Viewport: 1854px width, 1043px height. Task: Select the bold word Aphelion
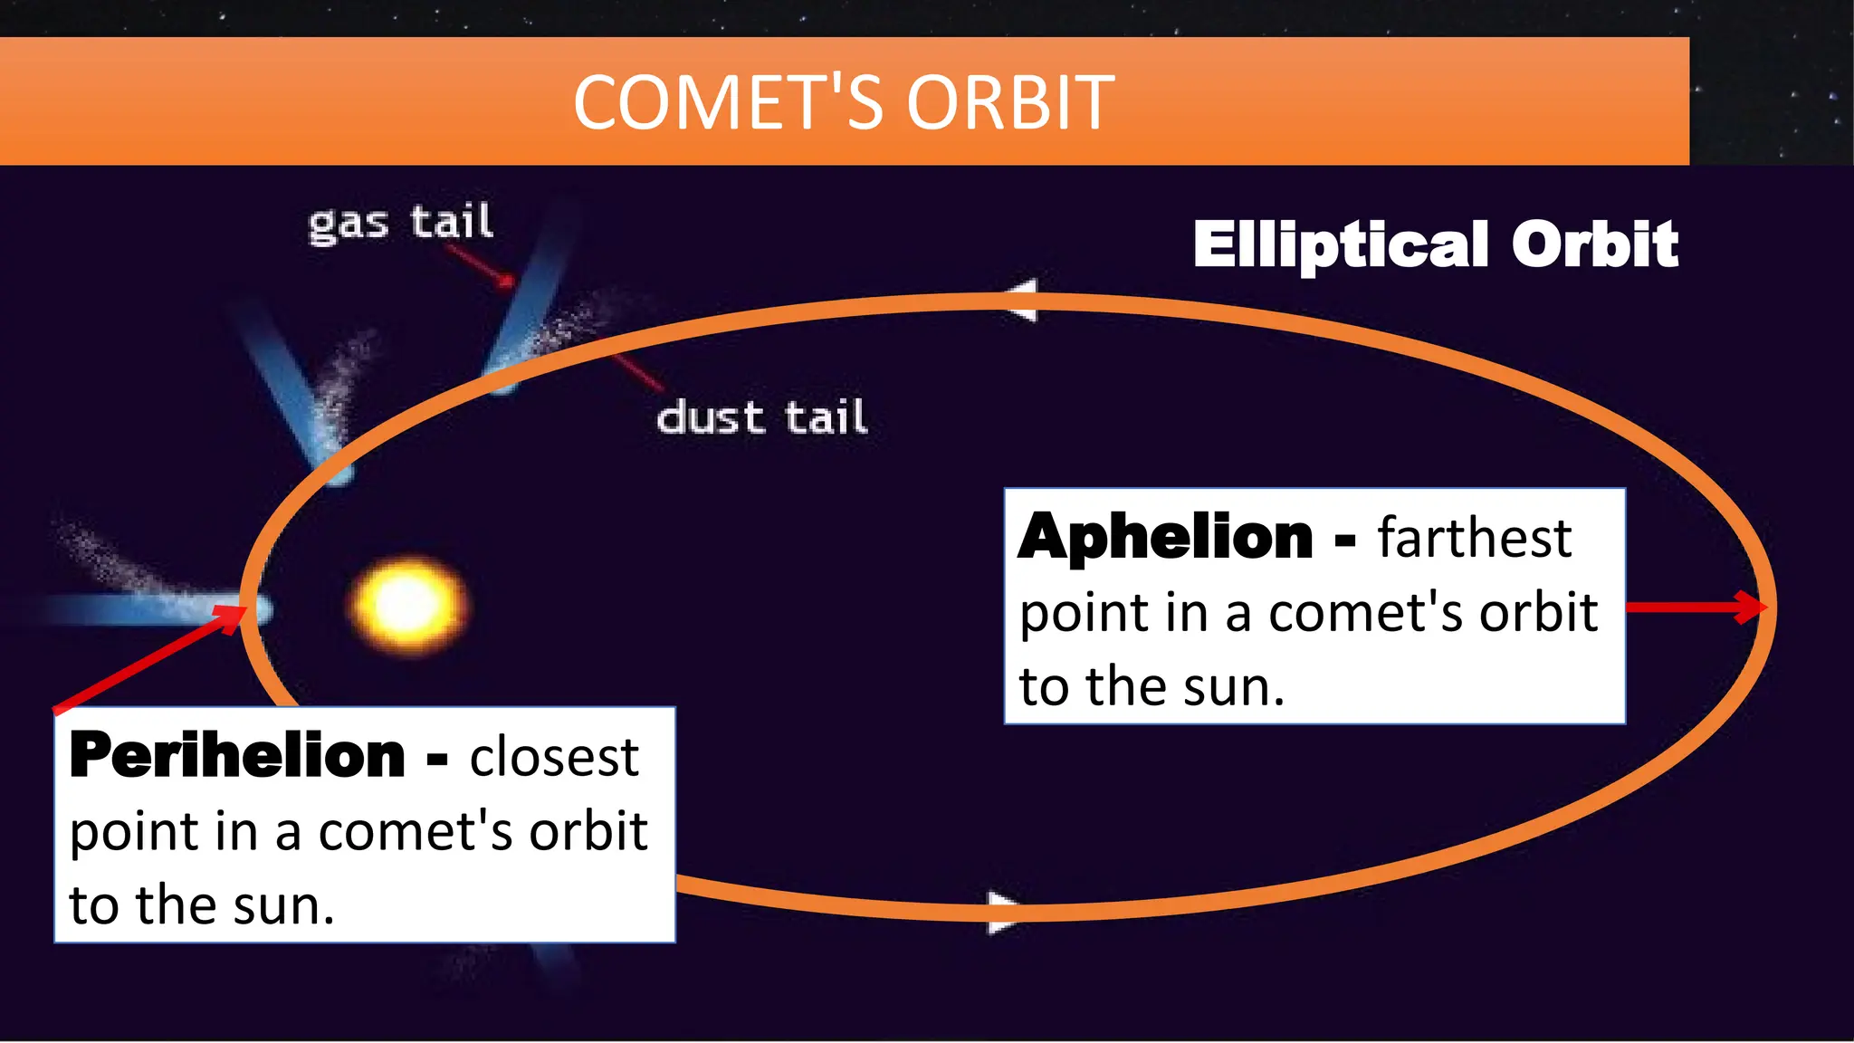(1165, 537)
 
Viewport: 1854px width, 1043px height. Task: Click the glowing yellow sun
(407, 605)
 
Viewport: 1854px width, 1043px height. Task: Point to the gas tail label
(400, 223)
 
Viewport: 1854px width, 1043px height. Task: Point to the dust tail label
(760, 418)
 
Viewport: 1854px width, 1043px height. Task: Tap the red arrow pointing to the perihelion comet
(149, 658)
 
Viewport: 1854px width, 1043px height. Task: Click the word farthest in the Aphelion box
(1474, 538)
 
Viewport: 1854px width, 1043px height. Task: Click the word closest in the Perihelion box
(553, 757)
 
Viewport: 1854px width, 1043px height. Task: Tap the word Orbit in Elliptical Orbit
(1594, 244)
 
